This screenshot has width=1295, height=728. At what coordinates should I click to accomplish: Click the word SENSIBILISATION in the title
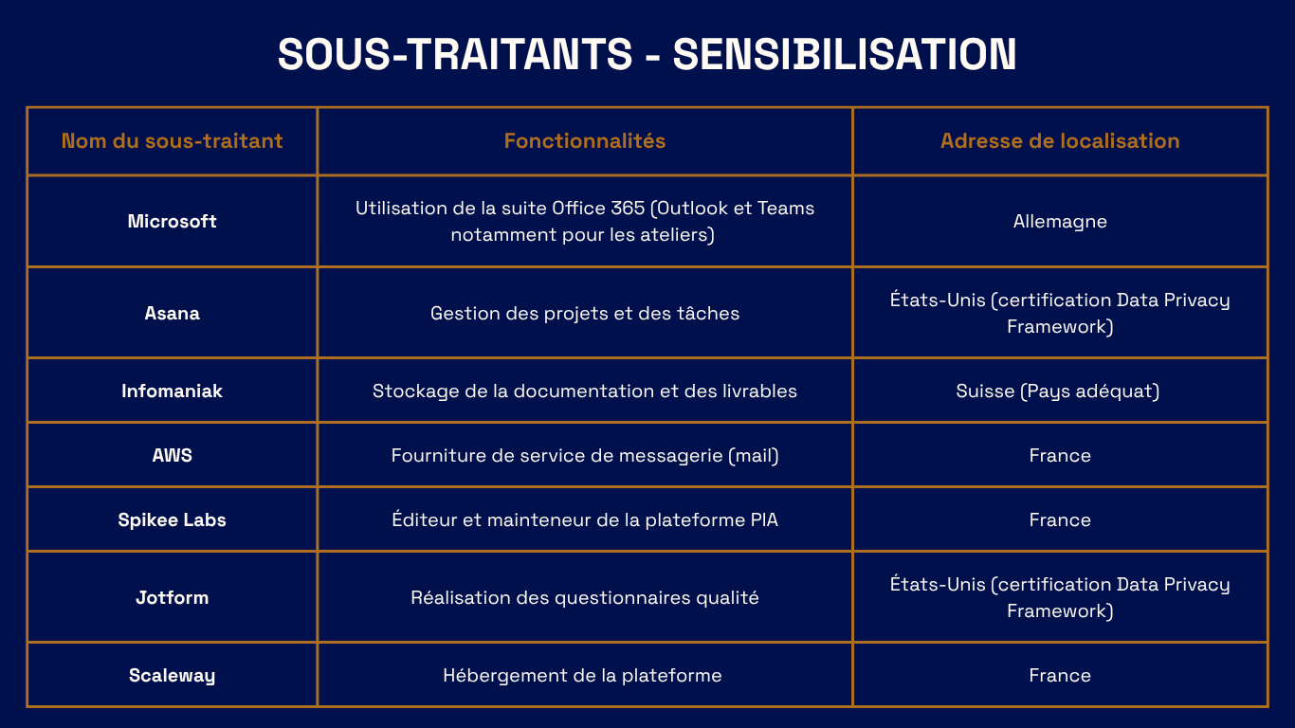tap(844, 54)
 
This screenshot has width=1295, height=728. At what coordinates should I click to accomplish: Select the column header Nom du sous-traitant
tap(172, 141)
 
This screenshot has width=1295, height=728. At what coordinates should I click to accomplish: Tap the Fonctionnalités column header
tap(585, 141)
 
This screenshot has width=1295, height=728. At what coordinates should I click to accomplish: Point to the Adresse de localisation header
tap(1060, 141)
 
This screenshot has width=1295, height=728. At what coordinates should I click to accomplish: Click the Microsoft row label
tap(172, 221)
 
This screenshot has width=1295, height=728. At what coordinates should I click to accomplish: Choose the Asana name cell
tap(172, 313)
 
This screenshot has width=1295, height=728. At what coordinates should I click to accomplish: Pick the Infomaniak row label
tap(172, 391)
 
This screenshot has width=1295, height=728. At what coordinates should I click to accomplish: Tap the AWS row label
tap(172, 455)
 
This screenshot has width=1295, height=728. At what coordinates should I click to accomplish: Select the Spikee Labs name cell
tap(172, 519)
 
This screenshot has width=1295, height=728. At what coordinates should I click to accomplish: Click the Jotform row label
tap(172, 597)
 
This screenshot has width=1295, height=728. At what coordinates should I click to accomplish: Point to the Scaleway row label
tap(172, 675)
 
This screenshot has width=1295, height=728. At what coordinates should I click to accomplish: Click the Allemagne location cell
tap(1060, 222)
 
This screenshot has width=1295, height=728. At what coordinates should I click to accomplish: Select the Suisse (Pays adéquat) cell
tap(1057, 391)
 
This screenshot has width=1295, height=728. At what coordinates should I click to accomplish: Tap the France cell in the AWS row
tap(1060, 455)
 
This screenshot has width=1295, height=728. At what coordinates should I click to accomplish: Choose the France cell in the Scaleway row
tap(1060, 675)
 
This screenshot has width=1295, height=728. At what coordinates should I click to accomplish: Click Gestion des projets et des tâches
tap(585, 314)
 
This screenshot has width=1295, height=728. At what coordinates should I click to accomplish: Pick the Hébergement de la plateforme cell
tap(582, 675)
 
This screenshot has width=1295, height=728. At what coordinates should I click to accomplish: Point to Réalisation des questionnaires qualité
tap(585, 597)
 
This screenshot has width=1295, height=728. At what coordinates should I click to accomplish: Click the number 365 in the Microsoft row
tap(628, 209)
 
